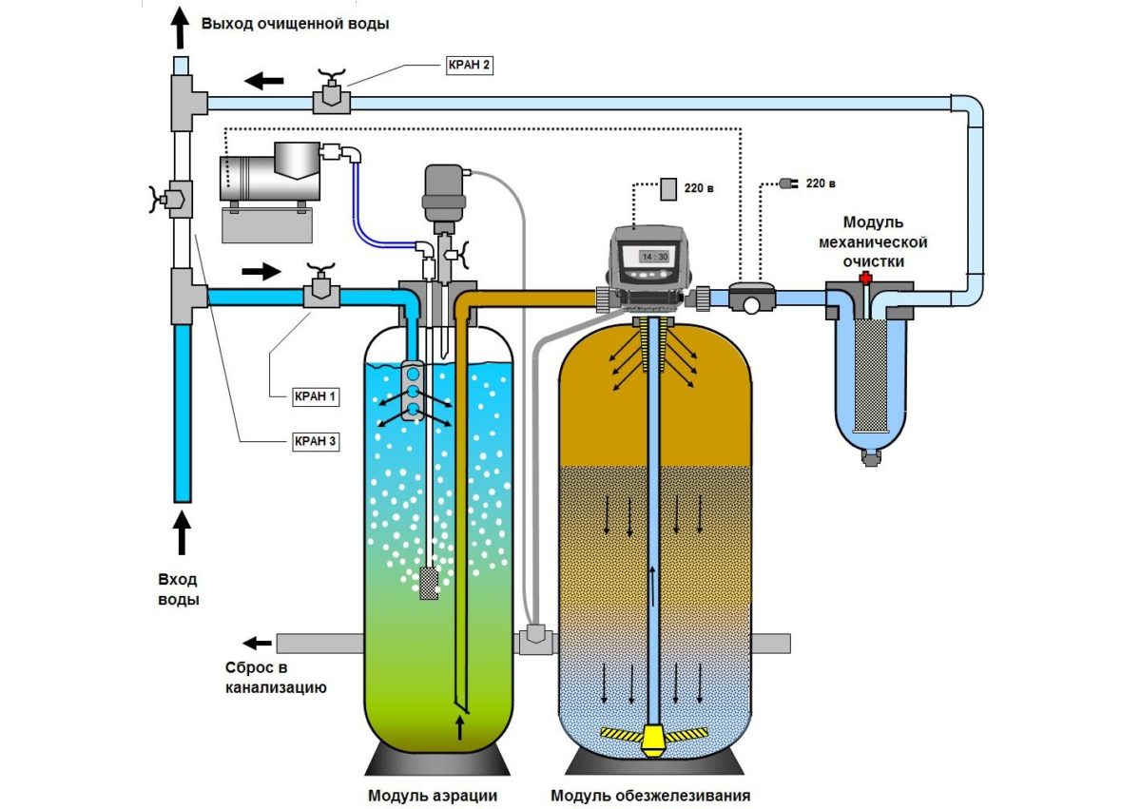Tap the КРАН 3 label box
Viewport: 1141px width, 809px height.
pyautogui.click(x=313, y=441)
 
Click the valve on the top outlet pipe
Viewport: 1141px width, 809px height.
pyautogui.click(x=329, y=96)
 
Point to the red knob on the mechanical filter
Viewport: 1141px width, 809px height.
pyautogui.click(x=865, y=279)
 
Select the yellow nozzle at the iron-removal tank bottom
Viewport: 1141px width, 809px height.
pyautogui.click(x=653, y=739)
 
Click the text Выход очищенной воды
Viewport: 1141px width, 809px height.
pyautogui.click(x=295, y=23)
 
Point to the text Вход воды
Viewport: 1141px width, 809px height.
pyautogui.click(x=179, y=588)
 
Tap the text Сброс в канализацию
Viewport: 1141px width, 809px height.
pyautogui.click(x=276, y=676)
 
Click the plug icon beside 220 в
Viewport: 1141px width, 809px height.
pyautogui.click(x=785, y=183)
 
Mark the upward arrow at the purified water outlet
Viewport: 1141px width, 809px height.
pyautogui.click(x=179, y=29)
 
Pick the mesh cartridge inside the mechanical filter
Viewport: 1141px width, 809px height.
pyautogui.click(x=865, y=376)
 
